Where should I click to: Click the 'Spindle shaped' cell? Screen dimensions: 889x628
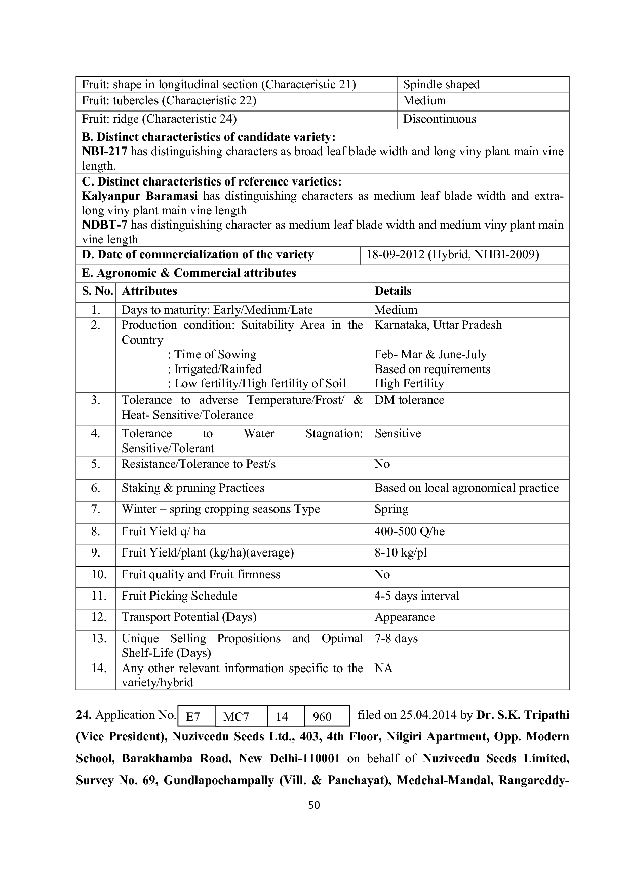pyautogui.click(x=441, y=84)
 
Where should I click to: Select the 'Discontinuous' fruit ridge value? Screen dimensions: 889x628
pyautogui.click(x=439, y=119)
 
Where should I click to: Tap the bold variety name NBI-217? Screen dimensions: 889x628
pyautogui.click(x=104, y=151)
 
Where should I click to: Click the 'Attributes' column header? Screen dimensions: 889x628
pyautogui.click(x=149, y=291)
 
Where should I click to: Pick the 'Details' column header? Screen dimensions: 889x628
pyautogui.click(x=393, y=291)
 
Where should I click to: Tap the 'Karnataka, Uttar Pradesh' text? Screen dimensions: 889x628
pyautogui.click(x=438, y=325)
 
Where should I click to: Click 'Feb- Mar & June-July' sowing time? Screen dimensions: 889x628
pyautogui.click(x=430, y=354)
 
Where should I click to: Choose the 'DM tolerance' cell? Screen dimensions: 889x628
pyautogui.click(x=409, y=400)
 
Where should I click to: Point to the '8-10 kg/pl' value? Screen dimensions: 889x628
pyautogui.click(x=401, y=552)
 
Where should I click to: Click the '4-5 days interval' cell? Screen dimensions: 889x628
pyautogui.click(x=417, y=596)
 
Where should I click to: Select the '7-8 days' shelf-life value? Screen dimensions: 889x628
pyautogui.click(x=396, y=638)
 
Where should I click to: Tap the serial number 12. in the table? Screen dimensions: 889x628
pyautogui.click(x=99, y=617)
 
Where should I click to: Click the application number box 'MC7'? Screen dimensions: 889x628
pyautogui.click(x=236, y=716)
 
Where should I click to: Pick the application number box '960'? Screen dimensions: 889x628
pyautogui.click(x=322, y=716)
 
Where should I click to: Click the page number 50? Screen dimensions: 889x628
pyautogui.click(x=314, y=805)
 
